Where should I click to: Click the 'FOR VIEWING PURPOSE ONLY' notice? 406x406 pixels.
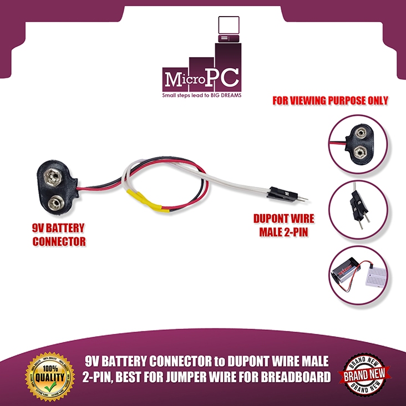click(330, 101)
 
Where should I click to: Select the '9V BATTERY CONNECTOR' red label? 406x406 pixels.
click(58, 235)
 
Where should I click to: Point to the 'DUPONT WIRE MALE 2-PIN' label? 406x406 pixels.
click(279, 225)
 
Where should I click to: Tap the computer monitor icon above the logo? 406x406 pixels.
click(228, 27)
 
